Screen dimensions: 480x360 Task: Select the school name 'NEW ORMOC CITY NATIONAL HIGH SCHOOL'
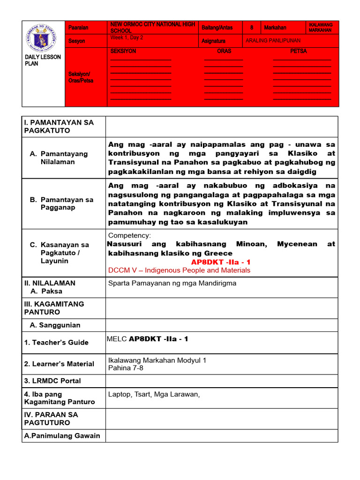(152, 27)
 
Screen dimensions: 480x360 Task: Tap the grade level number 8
(252, 28)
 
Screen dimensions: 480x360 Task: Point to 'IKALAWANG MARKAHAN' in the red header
(321, 27)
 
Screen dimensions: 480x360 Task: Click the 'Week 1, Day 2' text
(127, 37)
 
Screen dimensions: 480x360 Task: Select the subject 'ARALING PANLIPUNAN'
(273, 41)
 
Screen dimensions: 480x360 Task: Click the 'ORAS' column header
(224, 51)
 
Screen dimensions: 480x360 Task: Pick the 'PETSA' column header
(299, 51)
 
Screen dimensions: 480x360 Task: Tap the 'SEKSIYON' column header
(123, 51)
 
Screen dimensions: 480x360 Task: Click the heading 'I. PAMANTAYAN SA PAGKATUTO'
(59, 127)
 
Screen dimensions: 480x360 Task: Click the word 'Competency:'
(129, 235)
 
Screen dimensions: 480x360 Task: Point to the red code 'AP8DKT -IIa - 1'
(221, 262)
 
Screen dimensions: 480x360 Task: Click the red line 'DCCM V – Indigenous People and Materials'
(179, 270)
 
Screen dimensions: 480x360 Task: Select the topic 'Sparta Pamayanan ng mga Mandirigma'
(172, 283)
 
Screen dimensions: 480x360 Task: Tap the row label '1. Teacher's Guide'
(56, 343)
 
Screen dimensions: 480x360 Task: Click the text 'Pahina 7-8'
(126, 368)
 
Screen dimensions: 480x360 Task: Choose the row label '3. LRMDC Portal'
(52, 381)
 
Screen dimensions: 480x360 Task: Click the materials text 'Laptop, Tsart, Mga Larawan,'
(154, 394)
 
